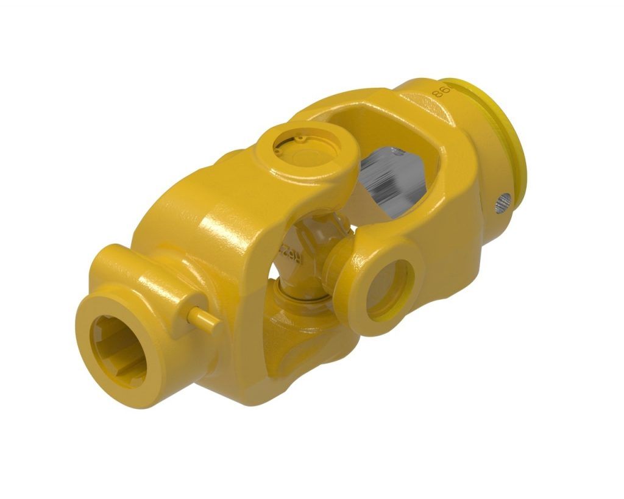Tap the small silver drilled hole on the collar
pyautogui.click(x=503, y=202)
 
